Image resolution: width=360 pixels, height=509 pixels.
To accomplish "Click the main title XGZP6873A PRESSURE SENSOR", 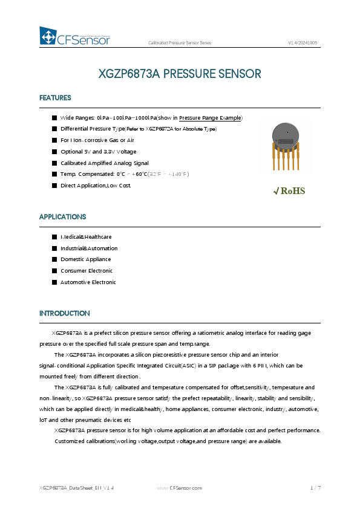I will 180,74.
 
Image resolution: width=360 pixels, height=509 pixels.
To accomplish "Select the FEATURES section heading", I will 55,98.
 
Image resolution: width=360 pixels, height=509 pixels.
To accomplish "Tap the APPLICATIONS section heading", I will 62,216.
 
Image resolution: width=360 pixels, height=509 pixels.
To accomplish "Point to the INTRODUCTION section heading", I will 64,313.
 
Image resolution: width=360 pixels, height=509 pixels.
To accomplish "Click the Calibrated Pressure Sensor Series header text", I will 180,44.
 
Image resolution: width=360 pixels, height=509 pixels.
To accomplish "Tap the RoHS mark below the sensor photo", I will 289,191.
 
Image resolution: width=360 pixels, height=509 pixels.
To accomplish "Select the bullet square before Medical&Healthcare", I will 54,237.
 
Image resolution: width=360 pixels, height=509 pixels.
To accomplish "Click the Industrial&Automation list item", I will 89,248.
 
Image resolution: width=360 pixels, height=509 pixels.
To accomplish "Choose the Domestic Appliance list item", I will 85,259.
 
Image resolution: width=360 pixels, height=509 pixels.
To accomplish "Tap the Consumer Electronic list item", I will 86,271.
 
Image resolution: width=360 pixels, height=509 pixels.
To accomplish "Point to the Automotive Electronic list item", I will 88,282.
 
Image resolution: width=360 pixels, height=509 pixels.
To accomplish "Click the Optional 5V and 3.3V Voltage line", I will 98,151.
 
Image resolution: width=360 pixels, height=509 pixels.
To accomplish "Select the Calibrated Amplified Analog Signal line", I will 104,163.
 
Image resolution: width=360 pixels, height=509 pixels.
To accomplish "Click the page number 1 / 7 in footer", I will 315,487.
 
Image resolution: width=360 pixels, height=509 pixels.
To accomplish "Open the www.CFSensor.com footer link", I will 180,487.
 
